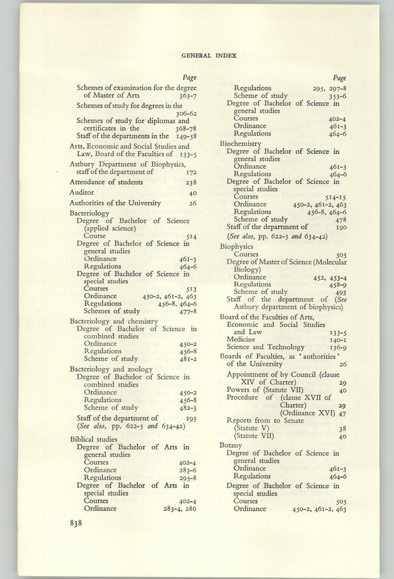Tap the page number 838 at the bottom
click(x=80, y=523)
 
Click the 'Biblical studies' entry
click(x=93, y=439)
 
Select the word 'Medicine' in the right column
click(x=241, y=340)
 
